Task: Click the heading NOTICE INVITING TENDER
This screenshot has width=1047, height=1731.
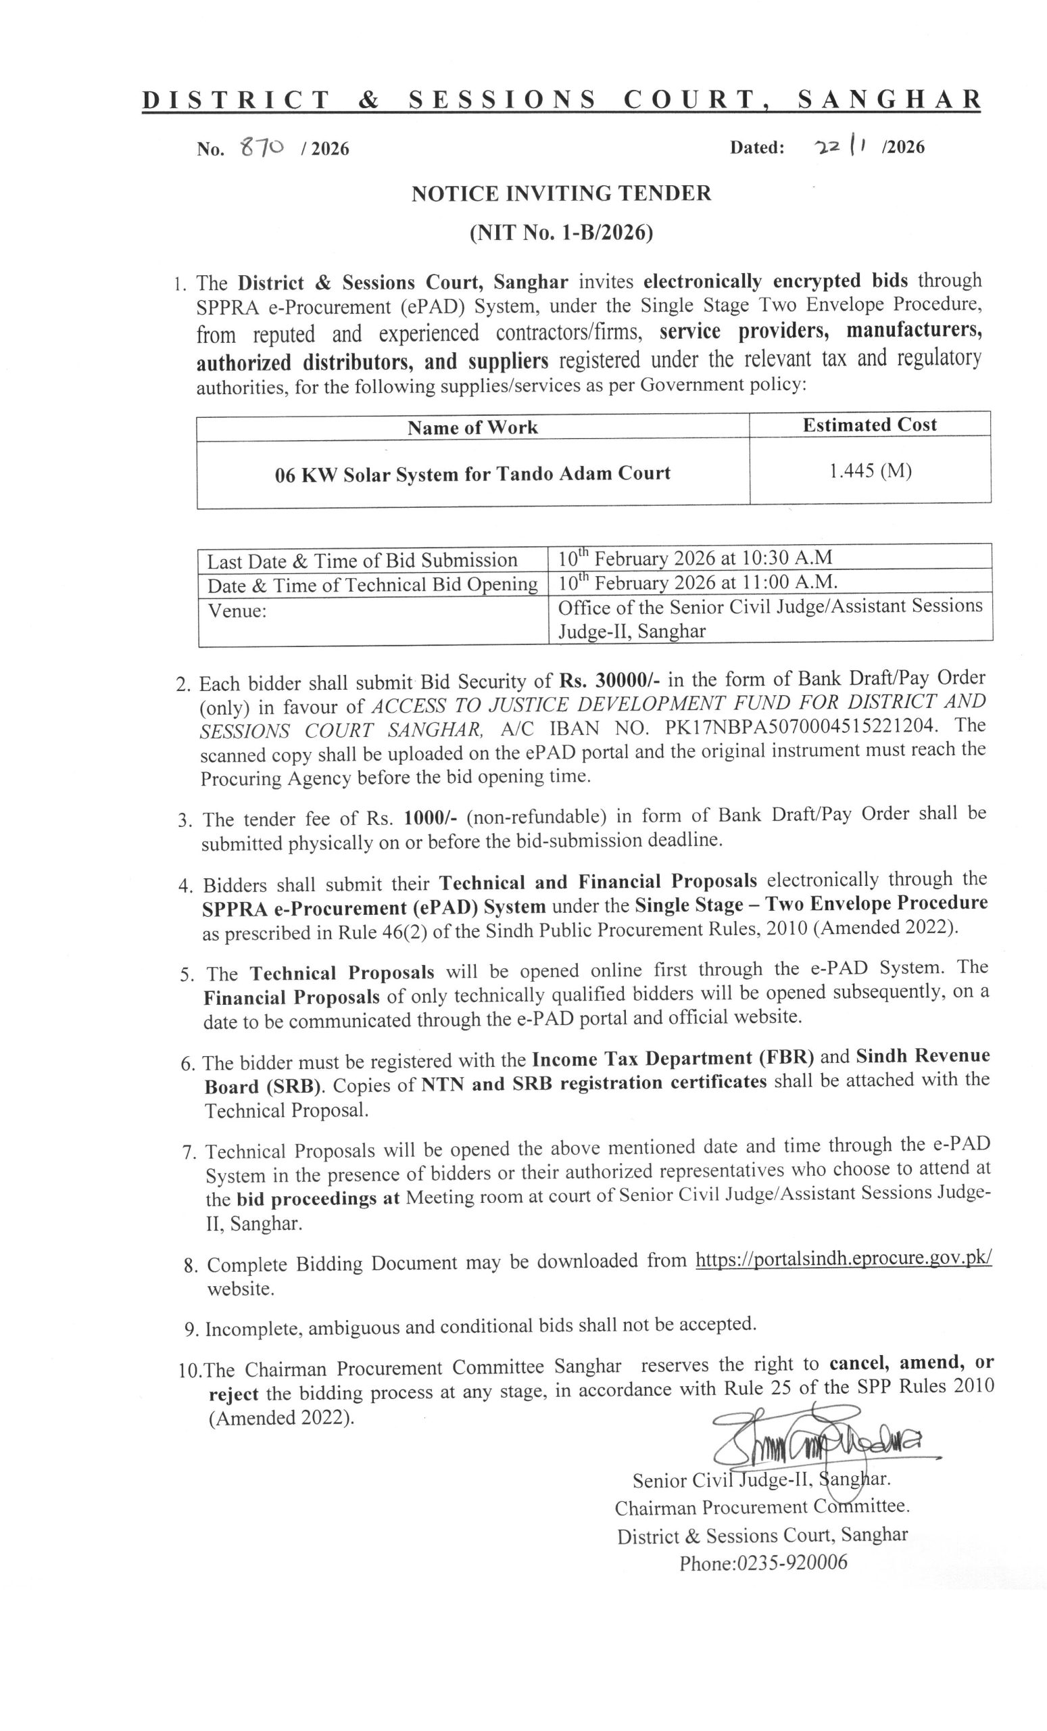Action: click(561, 193)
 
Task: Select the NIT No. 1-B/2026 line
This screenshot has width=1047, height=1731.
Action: click(561, 233)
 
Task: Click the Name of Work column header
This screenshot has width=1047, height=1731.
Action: click(472, 427)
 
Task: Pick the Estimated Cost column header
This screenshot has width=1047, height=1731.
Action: click(869, 425)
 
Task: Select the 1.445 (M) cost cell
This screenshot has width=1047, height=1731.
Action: click(869, 471)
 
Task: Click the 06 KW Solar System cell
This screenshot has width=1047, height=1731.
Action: click(472, 473)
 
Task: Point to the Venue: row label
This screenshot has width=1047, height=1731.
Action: click(237, 611)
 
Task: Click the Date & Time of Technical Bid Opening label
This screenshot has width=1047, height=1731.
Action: click(372, 584)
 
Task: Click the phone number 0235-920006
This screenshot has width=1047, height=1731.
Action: click(763, 1563)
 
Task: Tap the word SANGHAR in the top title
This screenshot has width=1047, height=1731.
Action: click(889, 101)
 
